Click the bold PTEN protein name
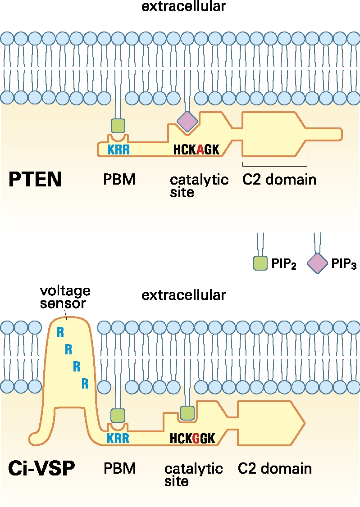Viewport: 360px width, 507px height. pos(35,180)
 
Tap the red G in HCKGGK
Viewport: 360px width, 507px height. pos(196,438)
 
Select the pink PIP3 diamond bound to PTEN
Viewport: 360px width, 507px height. pos(187,121)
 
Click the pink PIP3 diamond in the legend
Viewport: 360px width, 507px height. pos(318,263)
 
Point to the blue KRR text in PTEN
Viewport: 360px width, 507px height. pos(118,149)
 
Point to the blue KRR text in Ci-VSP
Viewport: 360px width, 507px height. pos(118,438)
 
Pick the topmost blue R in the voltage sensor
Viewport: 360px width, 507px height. pos(60,332)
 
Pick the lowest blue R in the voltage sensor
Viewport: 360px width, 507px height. pos(85,384)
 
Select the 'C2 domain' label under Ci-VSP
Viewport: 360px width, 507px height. pos(274,468)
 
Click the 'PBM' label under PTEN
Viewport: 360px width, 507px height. pos(119,180)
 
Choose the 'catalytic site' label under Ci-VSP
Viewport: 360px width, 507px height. pos(193,475)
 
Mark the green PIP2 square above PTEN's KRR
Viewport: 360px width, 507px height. pos(118,126)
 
